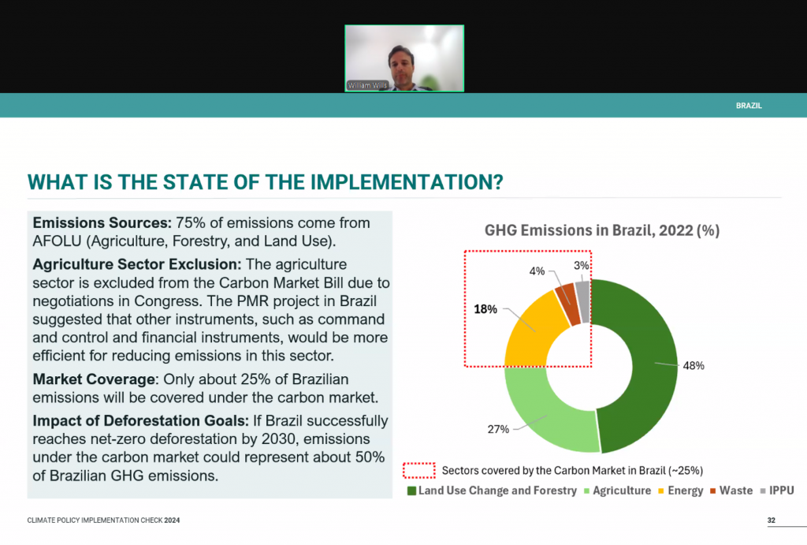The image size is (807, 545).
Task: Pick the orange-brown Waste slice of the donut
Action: click(x=568, y=304)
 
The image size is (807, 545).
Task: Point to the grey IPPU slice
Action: click(x=583, y=301)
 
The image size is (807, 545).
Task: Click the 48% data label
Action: click(x=694, y=366)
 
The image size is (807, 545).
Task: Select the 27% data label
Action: click(x=498, y=429)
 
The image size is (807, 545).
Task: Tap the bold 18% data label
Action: click(x=485, y=309)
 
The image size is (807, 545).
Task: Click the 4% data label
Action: click(x=537, y=271)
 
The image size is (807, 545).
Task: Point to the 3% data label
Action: click(x=581, y=265)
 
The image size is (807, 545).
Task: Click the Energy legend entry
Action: click(x=681, y=491)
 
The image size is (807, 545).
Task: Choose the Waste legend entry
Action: click(x=731, y=491)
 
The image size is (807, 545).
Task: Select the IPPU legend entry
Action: click(x=777, y=491)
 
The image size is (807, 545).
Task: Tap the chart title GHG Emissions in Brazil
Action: click(x=601, y=230)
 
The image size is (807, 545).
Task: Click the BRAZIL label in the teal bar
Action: click(x=749, y=106)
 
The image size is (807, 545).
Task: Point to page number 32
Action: click(x=771, y=521)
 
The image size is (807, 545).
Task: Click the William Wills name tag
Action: click(x=367, y=85)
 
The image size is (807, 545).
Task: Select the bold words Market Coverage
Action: click(x=94, y=379)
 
